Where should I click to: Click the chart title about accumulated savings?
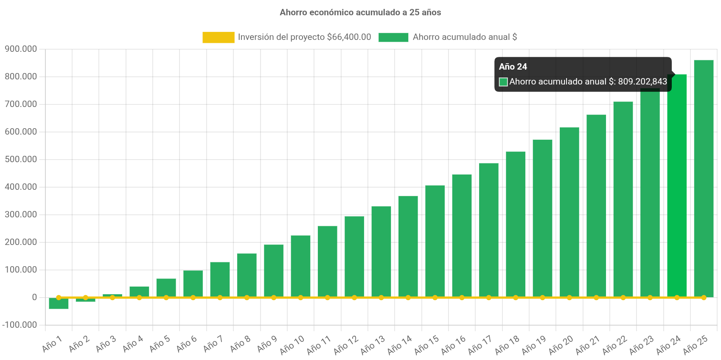pyautogui.click(x=360, y=12)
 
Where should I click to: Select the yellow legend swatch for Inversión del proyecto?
pyautogui.click(x=218, y=37)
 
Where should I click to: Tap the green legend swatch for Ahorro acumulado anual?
pyautogui.click(x=393, y=37)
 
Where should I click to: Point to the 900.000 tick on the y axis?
pyautogui.click(x=21, y=49)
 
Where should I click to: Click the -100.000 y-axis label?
pyautogui.click(x=20, y=325)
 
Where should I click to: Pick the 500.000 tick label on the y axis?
pyautogui.click(x=21, y=159)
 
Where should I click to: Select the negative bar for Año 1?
pyautogui.click(x=59, y=304)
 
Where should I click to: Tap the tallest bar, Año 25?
pyautogui.click(x=704, y=178)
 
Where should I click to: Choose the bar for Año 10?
pyautogui.click(x=300, y=266)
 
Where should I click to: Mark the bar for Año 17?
pyautogui.click(x=489, y=230)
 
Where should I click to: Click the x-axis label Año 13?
pyautogui.click(x=373, y=345)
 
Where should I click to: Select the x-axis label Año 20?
pyautogui.click(x=561, y=345)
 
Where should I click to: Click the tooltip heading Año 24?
pyautogui.click(x=513, y=67)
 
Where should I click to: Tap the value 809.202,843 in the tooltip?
pyautogui.click(x=642, y=82)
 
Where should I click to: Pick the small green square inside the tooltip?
pyautogui.click(x=503, y=82)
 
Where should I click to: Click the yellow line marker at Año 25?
pyautogui.click(x=704, y=298)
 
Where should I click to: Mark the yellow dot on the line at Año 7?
pyautogui.click(x=220, y=298)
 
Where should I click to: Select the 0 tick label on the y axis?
pyautogui.click(x=34, y=297)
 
